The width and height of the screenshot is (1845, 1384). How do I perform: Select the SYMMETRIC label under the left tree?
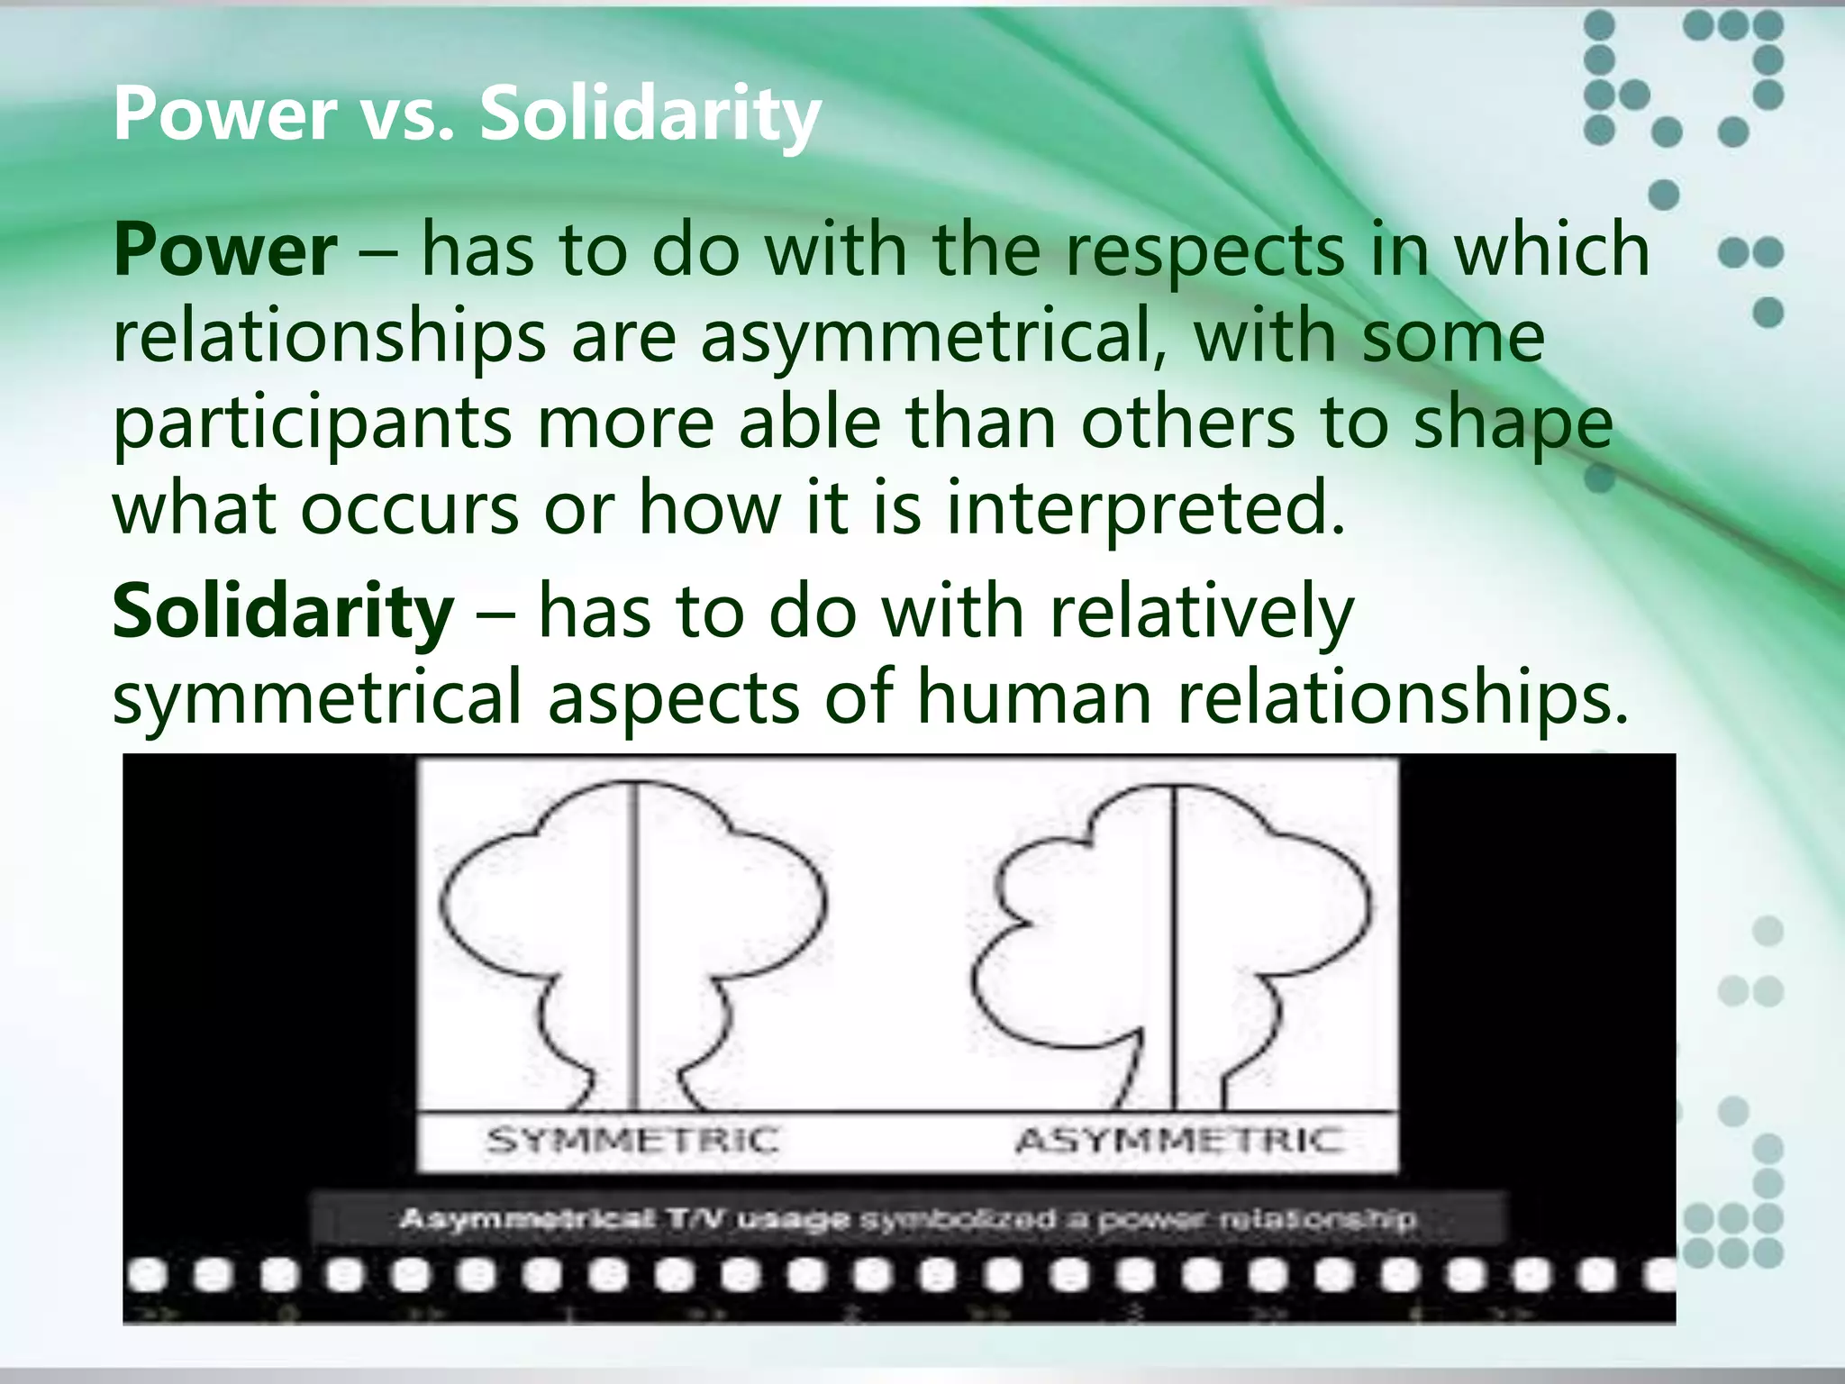coord(632,1141)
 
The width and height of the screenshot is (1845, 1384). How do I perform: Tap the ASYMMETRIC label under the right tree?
coord(1179,1141)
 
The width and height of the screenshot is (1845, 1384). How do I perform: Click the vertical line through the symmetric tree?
coord(635,946)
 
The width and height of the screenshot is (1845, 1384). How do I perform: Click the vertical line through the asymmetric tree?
coord(1175,946)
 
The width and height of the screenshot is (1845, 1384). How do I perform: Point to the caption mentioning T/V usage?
coord(908,1220)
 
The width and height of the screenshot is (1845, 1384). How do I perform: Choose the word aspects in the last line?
coord(673,698)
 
